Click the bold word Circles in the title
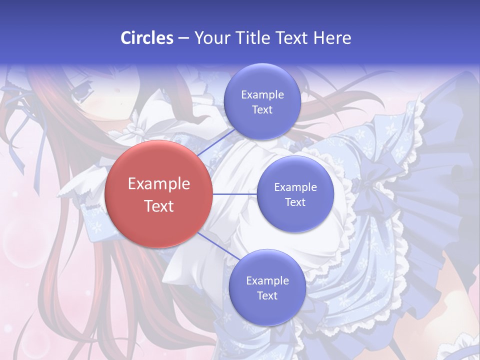point(147,38)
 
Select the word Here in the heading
point(332,38)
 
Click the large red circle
point(158,194)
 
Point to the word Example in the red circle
point(159,184)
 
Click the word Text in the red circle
point(159,206)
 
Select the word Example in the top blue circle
point(262,94)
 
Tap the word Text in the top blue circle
point(262,109)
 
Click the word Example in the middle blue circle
point(295,187)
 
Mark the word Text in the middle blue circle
point(295,202)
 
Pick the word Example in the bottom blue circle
point(267,280)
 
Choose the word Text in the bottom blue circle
point(267,295)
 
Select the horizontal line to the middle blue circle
point(234,194)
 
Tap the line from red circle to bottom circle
point(215,244)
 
